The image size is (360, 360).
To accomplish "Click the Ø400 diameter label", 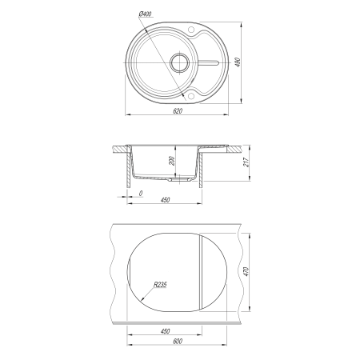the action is (x=146, y=14).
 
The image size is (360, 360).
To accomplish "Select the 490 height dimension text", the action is (x=238, y=62).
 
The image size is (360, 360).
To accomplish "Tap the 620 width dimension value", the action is (x=178, y=110).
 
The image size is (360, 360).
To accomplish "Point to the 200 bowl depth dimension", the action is (x=172, y=161).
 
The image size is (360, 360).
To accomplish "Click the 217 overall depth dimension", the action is (x=246, y=162).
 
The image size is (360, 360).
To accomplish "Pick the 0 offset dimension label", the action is (x=141, y=193).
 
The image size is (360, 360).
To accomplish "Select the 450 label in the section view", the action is (x=166, y=200).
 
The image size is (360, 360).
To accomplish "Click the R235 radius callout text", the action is (x=160, y=285).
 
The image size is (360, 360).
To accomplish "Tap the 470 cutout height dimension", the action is (x=246, y=271).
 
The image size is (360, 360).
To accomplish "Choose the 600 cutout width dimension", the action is (x=178, y=341).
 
